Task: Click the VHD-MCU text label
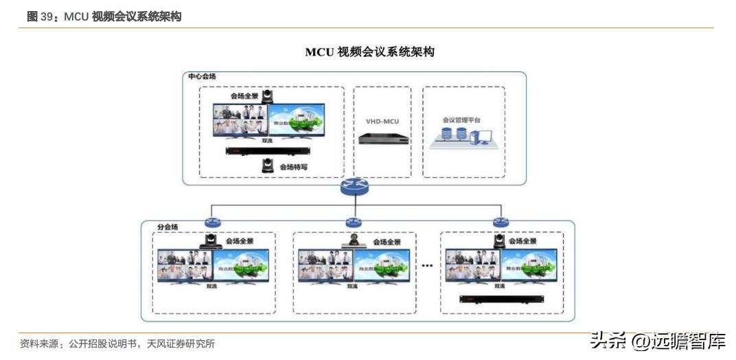[x=382, y=122]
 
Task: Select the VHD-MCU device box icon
[x=383, y=137]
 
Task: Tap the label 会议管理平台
[x=461, y=120]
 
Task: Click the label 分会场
[x=168, y=226]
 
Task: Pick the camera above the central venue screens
[x=268, y=96]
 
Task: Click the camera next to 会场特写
[x=268, y=165]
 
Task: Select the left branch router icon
[x=211, y=222]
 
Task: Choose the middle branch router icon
[x=354, y=222]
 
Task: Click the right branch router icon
[x=500, y=222]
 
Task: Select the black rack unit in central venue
[x=268, y=152]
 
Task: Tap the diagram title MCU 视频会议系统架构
[x=369, y=52]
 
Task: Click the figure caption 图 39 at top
[x=104, y=16]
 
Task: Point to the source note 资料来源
[x=117, y=344]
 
